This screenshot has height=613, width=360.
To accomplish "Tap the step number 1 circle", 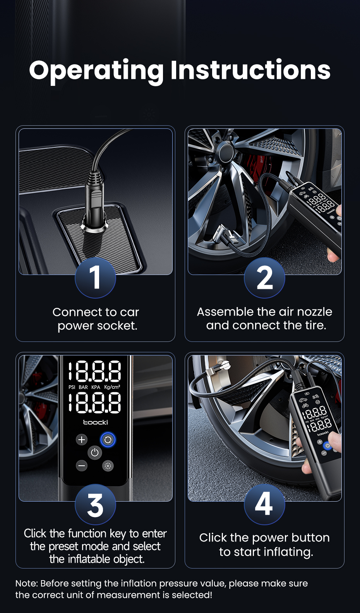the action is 95,277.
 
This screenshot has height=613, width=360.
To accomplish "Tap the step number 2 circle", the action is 264,277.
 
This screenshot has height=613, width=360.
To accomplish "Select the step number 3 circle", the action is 95,504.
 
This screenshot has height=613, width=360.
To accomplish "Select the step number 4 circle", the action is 264,504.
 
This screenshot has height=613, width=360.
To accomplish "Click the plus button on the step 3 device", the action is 81,440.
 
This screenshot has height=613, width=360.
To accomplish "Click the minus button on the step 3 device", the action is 81,466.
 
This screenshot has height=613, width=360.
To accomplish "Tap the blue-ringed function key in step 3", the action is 108,440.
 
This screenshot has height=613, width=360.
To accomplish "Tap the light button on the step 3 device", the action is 108,466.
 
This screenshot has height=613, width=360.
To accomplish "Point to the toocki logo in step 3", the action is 95,422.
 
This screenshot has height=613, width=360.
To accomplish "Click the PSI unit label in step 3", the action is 72,387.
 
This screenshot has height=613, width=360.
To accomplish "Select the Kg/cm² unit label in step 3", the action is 112,387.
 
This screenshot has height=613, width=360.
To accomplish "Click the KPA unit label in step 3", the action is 96,387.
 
